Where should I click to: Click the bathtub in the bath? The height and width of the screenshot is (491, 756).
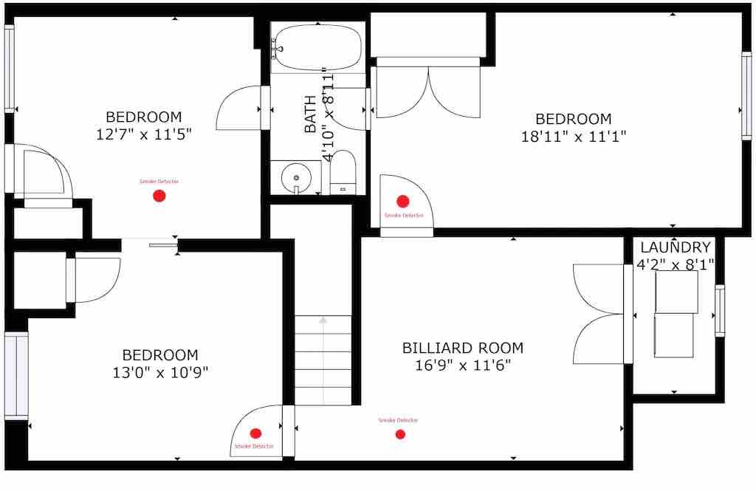point(318,48)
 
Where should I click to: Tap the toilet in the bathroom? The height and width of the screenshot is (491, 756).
point(343,172)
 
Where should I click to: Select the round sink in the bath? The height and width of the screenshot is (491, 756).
point(295,177)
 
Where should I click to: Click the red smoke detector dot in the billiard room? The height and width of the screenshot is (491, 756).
point(400,435)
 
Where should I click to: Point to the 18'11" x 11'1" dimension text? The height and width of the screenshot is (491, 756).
point(573,137)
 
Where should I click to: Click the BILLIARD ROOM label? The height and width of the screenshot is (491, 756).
point(463,348)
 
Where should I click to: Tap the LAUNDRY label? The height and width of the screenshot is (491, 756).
point(675,247)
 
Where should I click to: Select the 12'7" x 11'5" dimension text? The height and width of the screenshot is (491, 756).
point(144,134)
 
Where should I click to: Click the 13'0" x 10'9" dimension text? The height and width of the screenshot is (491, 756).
point(160,372)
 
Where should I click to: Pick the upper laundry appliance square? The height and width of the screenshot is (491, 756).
point(676,292)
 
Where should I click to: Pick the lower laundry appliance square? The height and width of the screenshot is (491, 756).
point(673,336)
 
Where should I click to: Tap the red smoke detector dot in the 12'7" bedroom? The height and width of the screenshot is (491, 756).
point(159,196)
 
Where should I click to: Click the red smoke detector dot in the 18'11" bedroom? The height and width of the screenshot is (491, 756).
point(403,201)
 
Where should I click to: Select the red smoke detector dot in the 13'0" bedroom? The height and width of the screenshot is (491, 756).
point(255,433)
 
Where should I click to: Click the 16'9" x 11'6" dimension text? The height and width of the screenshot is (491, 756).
point(463,365)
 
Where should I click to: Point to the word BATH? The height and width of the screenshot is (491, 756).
point(311,114)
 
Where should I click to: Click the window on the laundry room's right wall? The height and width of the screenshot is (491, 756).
point(720,311)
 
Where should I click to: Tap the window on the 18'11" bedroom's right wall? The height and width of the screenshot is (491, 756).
point(746,95)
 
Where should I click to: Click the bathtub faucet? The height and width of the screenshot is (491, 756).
point(277,49)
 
